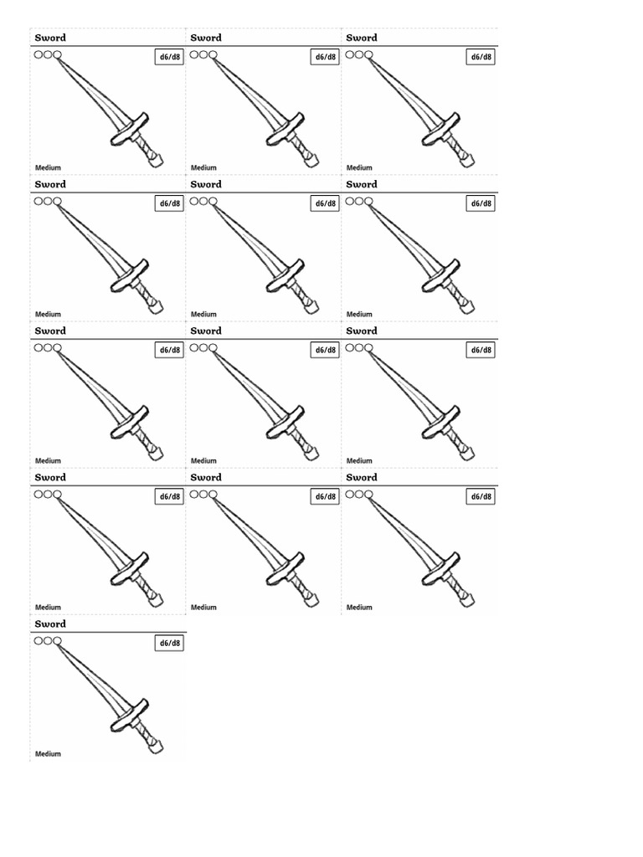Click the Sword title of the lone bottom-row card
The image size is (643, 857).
point(50,624)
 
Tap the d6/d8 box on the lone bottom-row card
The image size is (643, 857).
point(169,643)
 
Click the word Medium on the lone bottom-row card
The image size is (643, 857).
point(48,754)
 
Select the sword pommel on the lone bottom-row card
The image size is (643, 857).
point(156,747)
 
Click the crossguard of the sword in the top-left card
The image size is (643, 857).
point(129,128)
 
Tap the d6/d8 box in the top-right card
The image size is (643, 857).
point(481,57)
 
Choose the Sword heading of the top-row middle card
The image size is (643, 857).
point(206,38)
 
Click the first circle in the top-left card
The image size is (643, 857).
point(39,54)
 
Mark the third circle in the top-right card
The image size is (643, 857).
point(368,54)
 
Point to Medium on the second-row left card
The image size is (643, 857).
point(48,315)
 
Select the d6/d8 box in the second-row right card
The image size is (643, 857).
point(481,203)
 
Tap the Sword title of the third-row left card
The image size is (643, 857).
point(50,331)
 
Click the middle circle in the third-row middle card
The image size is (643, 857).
point(203,347)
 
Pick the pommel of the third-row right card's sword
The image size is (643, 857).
point(467,454)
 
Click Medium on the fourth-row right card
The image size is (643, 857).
point(359,608)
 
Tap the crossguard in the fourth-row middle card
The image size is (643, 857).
point(285,568)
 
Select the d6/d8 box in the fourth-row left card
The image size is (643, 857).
point(169,496)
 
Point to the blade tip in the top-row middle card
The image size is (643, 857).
point(216,59)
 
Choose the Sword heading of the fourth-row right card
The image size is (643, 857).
point(362,478)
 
